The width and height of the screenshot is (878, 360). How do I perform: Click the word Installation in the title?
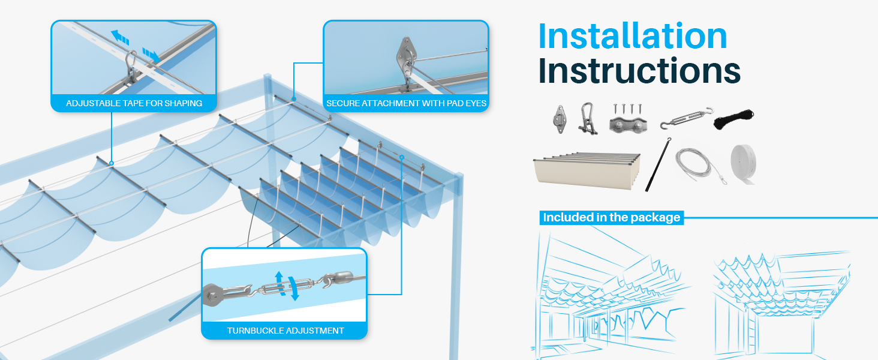[633, 36]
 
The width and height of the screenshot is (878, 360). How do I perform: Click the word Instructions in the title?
[639, 71]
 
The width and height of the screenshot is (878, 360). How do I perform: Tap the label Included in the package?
[612, 217]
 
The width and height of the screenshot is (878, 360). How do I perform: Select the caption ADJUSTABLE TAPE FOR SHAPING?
[134, 103]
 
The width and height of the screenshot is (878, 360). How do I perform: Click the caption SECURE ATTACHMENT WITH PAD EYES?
[406, 103]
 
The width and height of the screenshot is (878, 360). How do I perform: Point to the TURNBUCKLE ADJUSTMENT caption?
[285, 331]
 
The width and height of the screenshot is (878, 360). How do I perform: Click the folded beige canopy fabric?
[587, 170]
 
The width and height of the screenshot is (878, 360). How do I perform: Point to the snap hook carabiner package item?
[587, 118]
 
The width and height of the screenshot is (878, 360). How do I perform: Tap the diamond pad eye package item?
[560, 119]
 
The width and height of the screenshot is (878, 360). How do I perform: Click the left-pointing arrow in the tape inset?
[119, 37]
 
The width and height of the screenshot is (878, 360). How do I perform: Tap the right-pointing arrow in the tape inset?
[151, 55]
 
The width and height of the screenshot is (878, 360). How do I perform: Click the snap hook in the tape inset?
[131, 66]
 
